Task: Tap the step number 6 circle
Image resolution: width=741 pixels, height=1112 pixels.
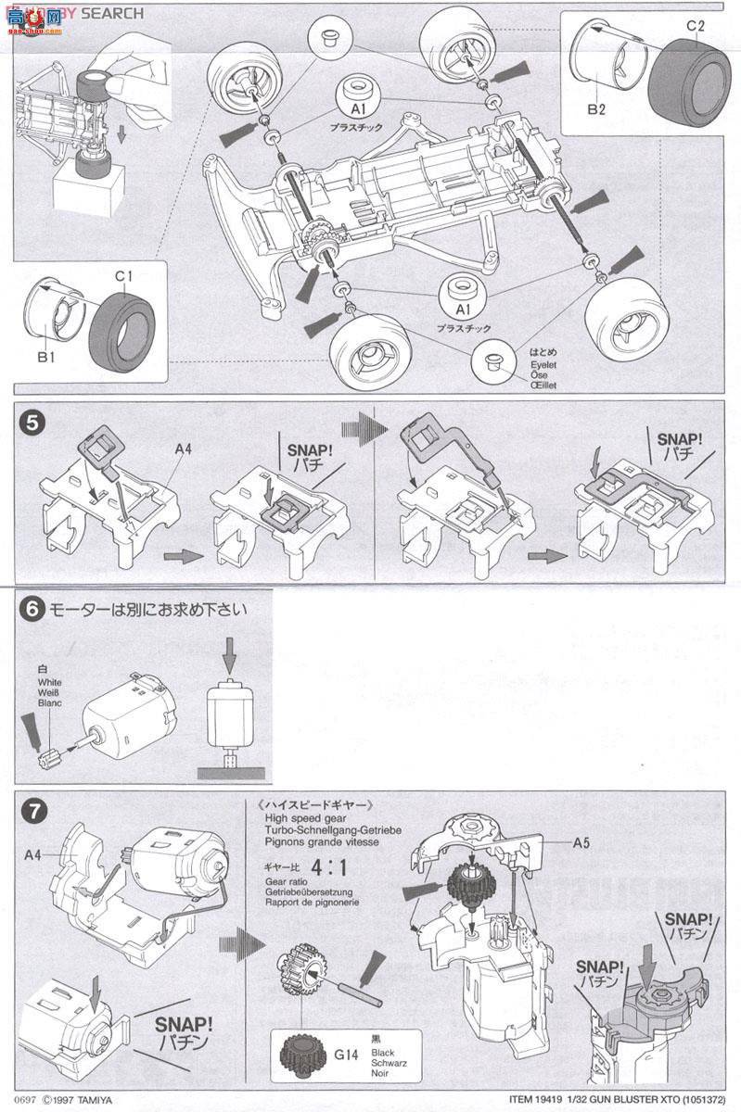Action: click(31, 610)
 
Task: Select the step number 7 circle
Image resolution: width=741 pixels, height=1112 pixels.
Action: click(32, 812)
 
